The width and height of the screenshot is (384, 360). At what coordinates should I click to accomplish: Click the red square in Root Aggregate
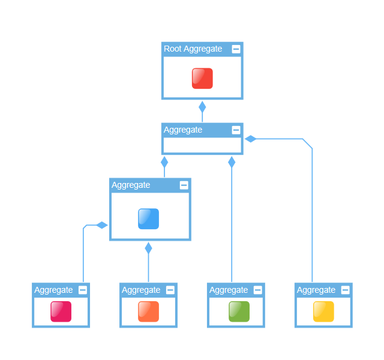click(202, 79)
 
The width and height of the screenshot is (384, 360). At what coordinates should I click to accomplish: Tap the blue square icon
click(148, 218)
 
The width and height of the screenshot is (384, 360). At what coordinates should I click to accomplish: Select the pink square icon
click(61, 311)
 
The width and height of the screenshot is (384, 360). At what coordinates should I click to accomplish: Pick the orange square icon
click(148, 311)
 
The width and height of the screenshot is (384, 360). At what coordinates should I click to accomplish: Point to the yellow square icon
click(323, 311)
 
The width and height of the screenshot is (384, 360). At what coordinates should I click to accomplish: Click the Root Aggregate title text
click(193, 49)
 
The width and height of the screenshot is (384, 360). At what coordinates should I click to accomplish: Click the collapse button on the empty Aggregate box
click(236, 130)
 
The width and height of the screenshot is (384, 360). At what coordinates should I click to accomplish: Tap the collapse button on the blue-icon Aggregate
click(184, 185)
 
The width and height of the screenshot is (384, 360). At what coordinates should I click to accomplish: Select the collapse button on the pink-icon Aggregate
click(83, 290)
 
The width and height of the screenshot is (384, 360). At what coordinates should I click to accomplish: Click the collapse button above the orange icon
click(170, 290)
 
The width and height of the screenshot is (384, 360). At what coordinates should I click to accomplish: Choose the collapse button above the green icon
click(258, 290)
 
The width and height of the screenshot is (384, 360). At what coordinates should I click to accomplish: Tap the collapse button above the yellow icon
click(346, 290)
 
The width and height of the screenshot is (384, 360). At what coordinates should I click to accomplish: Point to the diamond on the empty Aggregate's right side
click(251, 139)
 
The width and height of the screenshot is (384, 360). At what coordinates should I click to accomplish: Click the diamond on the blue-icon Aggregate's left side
click(102, 226)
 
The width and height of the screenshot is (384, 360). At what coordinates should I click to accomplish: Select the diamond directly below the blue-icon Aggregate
click(149, 248)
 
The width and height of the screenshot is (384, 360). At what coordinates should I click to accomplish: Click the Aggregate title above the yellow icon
click(316, 290)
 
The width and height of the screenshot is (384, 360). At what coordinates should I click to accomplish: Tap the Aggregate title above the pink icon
click(53, 290)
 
